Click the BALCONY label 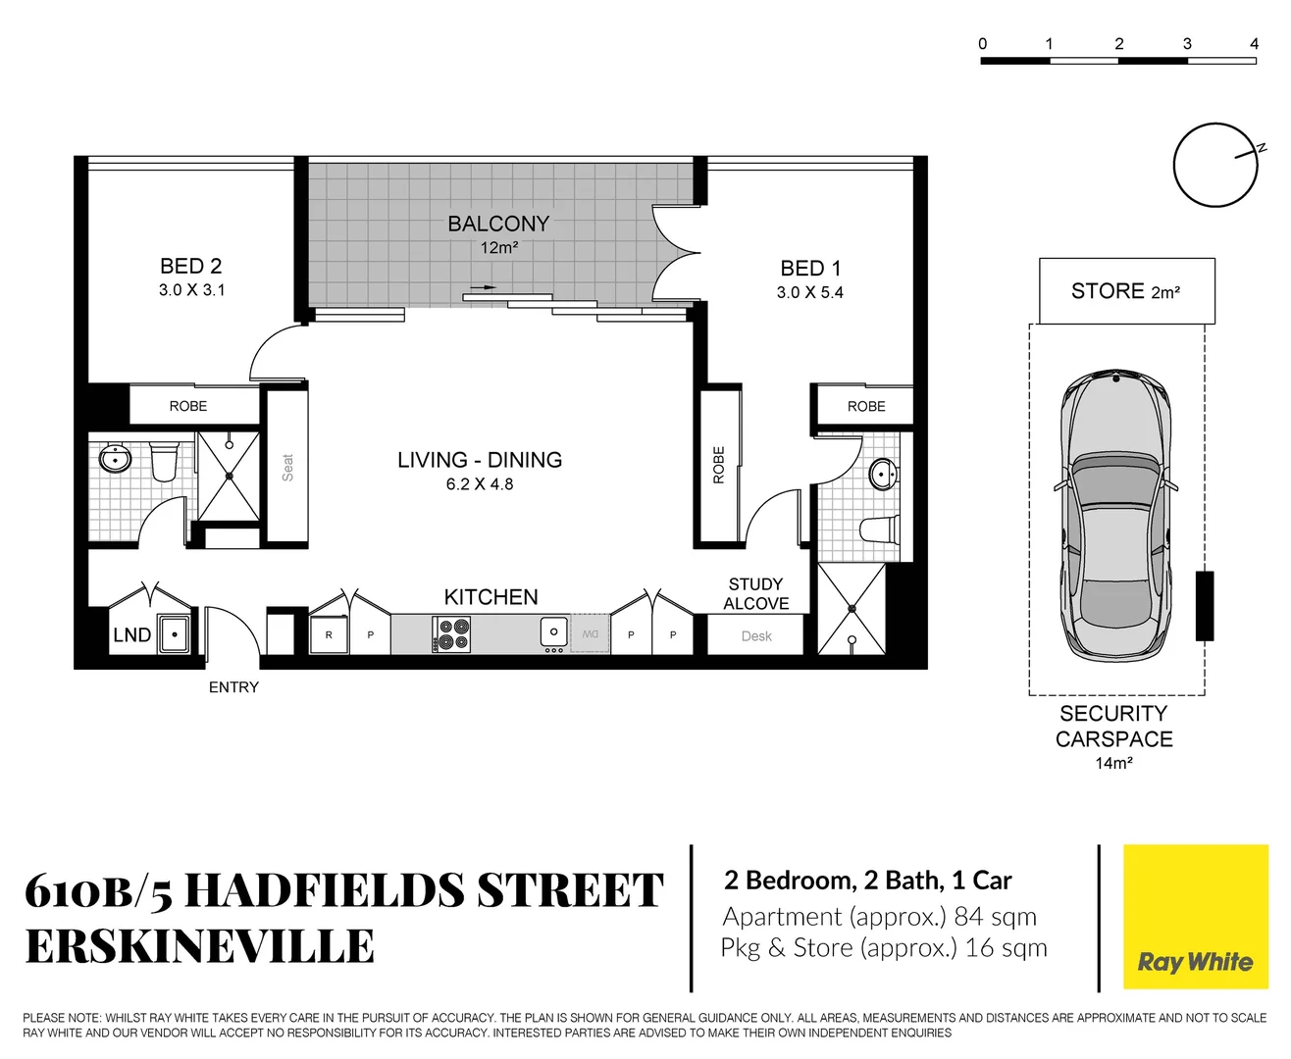point(498,224)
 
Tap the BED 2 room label point(191,266)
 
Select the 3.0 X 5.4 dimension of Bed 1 point(810,292)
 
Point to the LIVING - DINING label point(480,460)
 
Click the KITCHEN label point(491,597)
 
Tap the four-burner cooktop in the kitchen point(451,634)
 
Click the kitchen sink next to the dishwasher point(554,632)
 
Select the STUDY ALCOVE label point(755,594)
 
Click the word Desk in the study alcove point(756,636)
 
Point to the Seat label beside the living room point(287,467)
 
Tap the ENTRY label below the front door point(233,687)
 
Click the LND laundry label point(131,635)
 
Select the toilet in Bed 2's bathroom point(164,460)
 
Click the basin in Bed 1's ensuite point(883,475)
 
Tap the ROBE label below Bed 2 point(188,406)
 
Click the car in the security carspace point(1114,515)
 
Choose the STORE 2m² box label point(1125,291)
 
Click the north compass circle point(1215,165)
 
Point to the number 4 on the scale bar point(1254,44)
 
